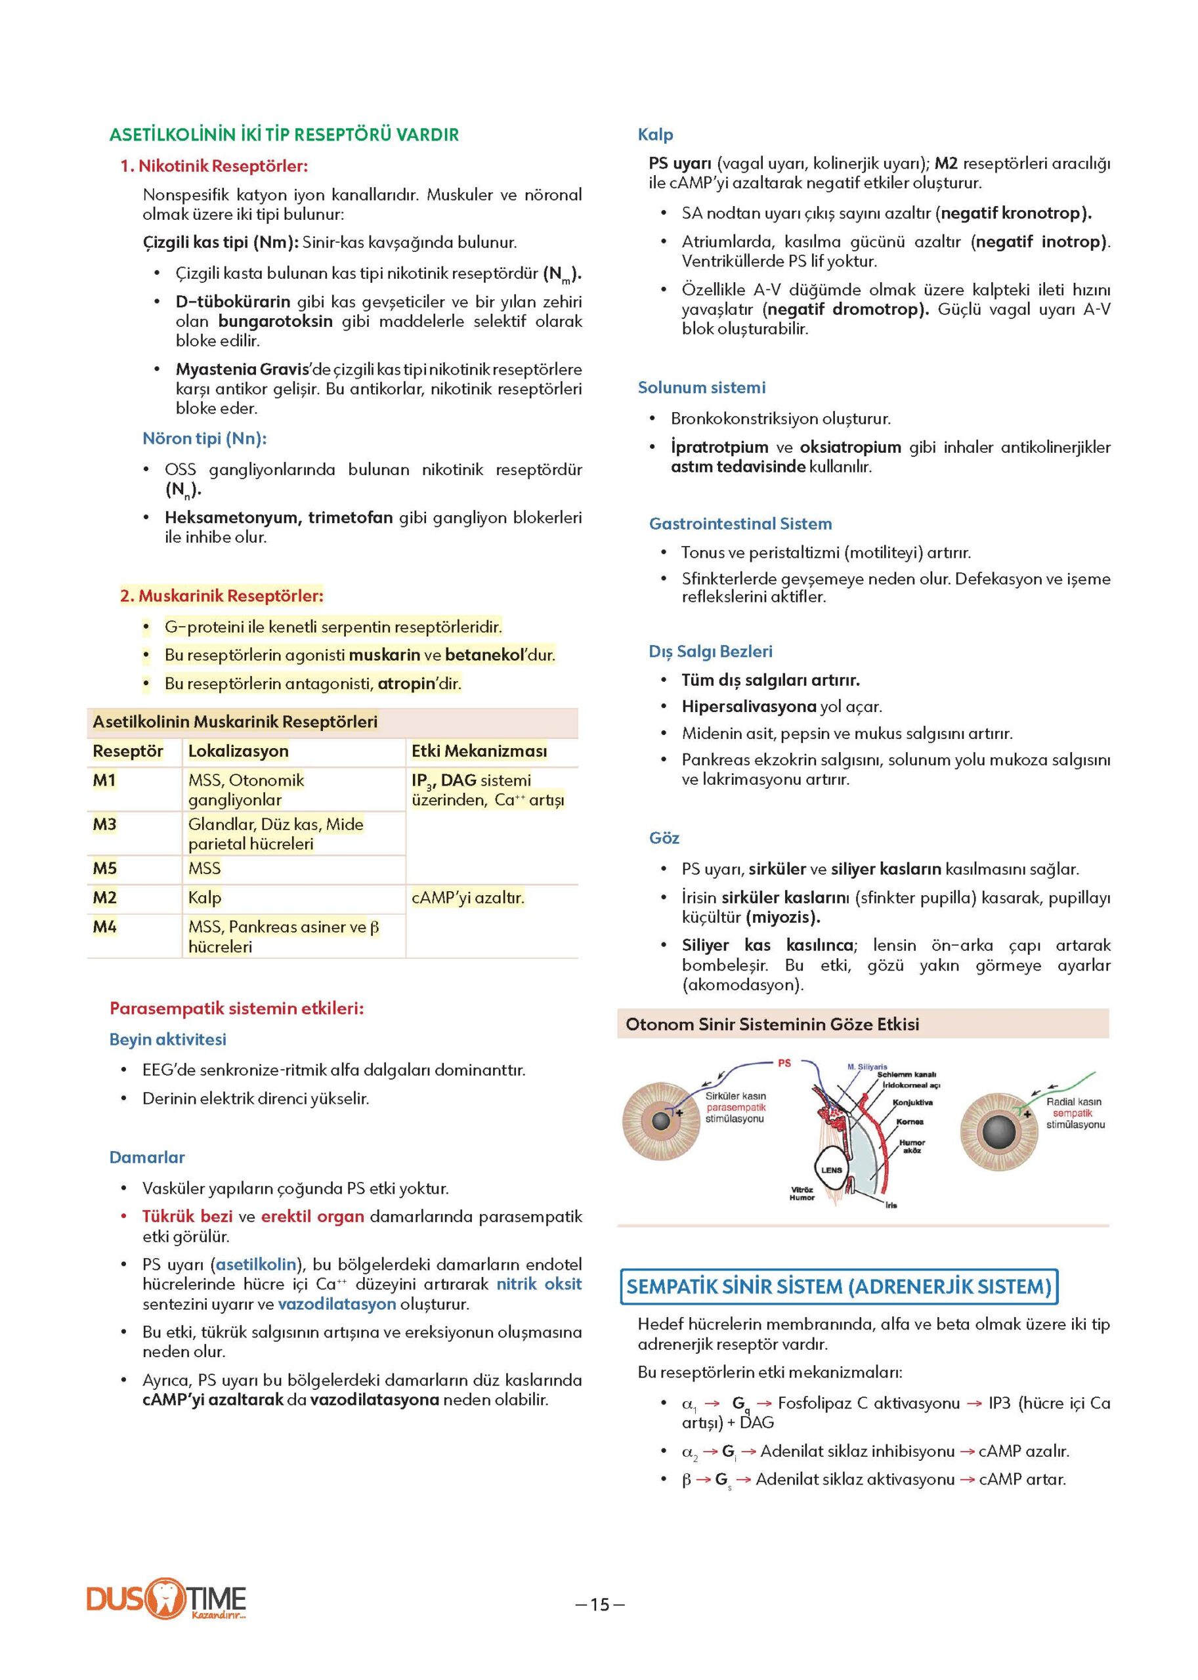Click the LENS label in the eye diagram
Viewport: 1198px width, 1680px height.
point(831,1170)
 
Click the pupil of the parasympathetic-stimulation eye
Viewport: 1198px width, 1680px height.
point(661,1122)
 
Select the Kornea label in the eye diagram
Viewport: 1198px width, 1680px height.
point(910,1122)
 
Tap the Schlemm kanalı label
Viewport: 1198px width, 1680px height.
point(906,1074)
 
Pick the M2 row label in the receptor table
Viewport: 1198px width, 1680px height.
point(105,898)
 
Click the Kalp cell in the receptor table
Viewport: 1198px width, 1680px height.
point(204,898)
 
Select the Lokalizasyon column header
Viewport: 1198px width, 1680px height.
point(238,751)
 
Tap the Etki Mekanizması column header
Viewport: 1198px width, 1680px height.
point(479,751)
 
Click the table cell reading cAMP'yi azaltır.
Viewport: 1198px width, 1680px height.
point(467,898)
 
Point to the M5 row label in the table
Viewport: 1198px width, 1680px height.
point(105,868)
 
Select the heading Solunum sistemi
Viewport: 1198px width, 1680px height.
point(702,387)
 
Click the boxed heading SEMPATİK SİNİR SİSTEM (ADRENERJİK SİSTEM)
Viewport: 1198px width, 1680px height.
point(839,1286)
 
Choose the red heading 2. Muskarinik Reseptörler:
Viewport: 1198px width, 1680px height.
point(221,595)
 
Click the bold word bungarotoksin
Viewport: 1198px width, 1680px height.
point(275,322)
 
